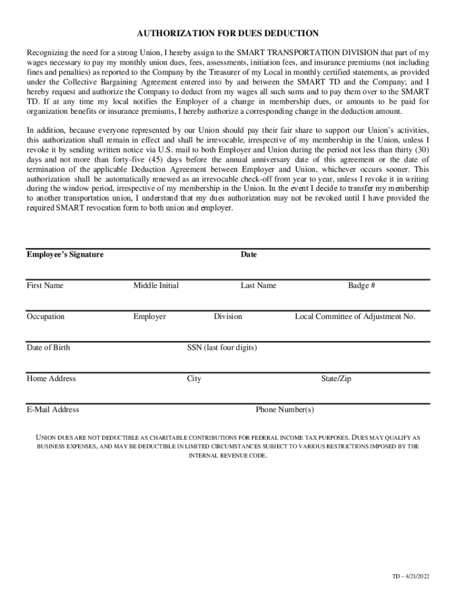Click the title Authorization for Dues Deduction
[x=228, y=33]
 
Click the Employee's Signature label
[x=65, y=254]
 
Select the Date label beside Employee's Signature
[x=249, y=254]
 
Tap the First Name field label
[x=45, y=286]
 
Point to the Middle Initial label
[x=156, y=286]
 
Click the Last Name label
[x=258, y=286]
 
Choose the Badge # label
[x=361, y=286]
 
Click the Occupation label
[x=46, y=317]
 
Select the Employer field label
[x=149, y=317]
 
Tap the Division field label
[x=228, y=317]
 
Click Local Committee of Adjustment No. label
[x=355, y=317]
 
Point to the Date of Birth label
[x=48, y=347]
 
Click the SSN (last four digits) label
[x=222, y=347]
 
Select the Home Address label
[x=51, y=379]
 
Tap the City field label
[x=194, y=379]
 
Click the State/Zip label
[x=336, y=379]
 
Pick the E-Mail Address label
[x=53, y=410]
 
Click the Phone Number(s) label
[x=285, y=410]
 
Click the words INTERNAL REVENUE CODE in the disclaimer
[x=228, y=456]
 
